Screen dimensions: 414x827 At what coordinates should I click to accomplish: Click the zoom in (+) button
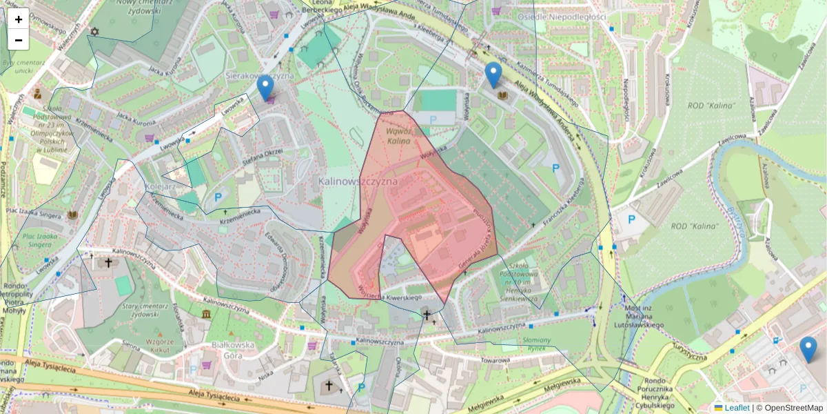[x=19, y=19]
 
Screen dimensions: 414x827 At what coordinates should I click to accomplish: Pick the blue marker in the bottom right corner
[x=808, y=349]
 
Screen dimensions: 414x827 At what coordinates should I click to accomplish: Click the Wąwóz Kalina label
[x=398, y=135]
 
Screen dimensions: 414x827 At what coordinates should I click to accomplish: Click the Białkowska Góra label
[x=231, y=350]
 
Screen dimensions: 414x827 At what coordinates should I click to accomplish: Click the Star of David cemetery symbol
[x=94, y=32]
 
